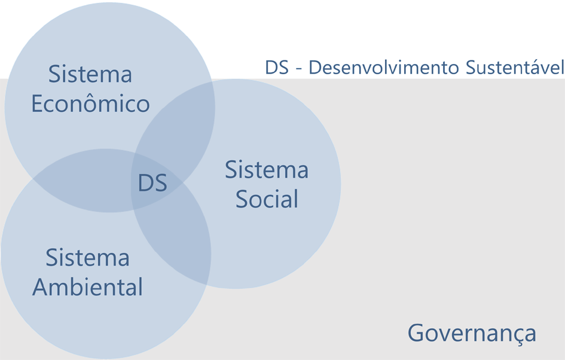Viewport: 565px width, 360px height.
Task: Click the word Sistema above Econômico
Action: (x=90, y=75)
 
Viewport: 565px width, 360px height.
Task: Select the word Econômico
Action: (x=90, y=104)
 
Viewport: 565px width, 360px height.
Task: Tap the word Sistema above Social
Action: (x=267, y=170)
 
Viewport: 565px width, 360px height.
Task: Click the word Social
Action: (x=267, y=199)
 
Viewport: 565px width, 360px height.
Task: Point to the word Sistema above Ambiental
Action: (x=87, y=258)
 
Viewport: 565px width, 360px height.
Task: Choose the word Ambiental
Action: (x=87, y=287)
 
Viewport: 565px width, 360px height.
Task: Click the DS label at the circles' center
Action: (x=152, y=183)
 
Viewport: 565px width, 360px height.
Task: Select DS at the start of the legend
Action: (x=277, y=68)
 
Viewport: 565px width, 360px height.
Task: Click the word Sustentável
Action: (x=514, y=68)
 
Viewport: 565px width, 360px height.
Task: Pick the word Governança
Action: (x=472, y=333)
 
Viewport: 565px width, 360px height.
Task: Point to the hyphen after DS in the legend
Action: (x=298, y=69)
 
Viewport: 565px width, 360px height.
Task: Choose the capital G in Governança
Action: (x=417, y=333)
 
